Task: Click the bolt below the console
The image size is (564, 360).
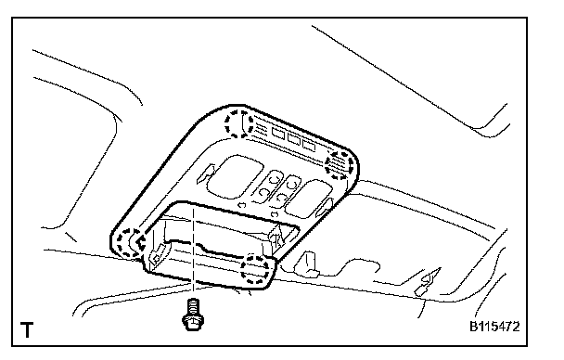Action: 193,314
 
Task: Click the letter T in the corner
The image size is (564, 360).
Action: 27,329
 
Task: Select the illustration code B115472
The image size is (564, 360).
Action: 494,327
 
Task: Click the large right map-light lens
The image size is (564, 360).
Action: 308,199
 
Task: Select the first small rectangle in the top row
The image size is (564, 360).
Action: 278,133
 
